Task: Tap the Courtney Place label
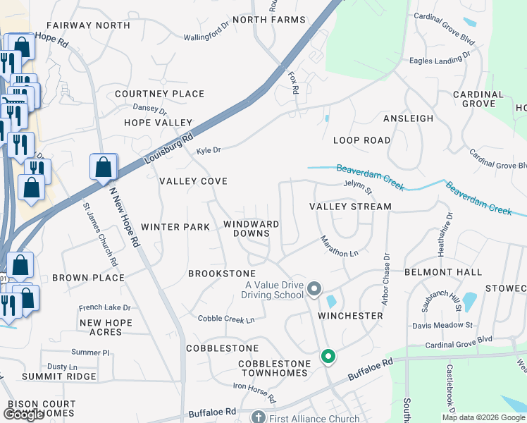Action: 159,94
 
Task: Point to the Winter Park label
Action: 175,227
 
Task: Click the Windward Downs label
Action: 252,228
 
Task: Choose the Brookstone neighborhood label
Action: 221,273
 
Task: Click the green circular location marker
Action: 328,357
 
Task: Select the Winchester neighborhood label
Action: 350,316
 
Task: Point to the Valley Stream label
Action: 350,207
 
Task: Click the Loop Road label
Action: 361,140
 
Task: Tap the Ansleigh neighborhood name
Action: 408,118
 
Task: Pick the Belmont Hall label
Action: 443,272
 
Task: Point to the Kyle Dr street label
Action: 209,150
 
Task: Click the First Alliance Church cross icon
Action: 258,417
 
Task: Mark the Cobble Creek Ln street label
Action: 226,319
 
